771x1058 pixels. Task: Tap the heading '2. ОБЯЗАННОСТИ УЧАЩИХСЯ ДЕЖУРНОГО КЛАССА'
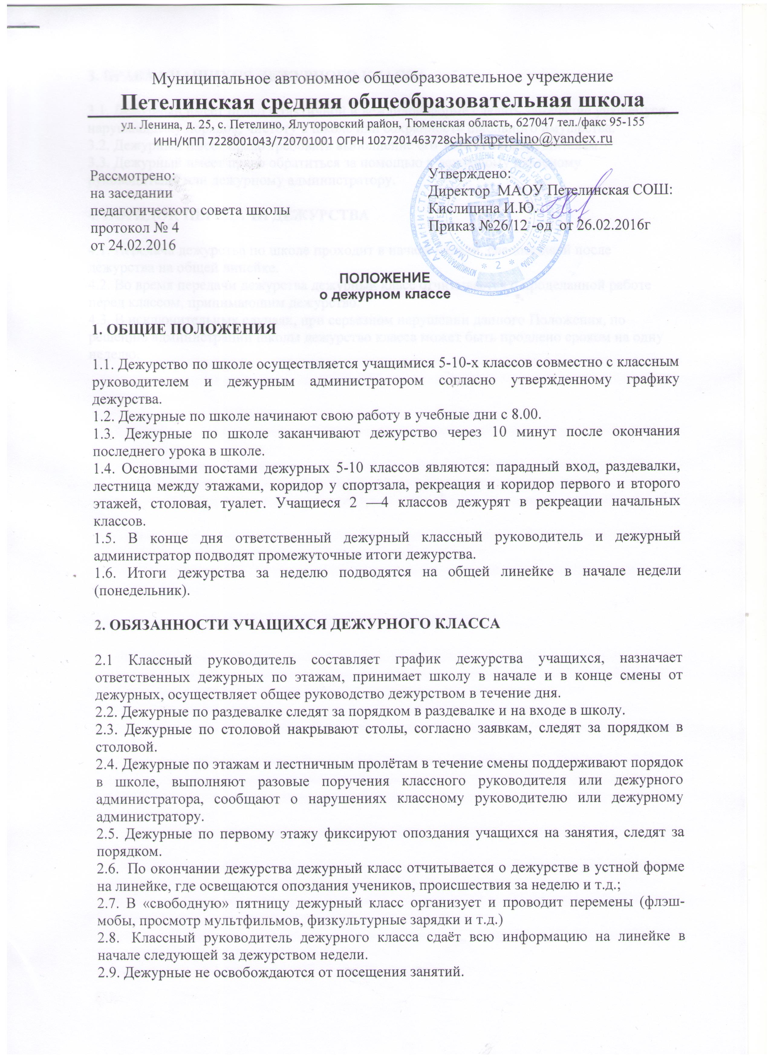tap(297, 625)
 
